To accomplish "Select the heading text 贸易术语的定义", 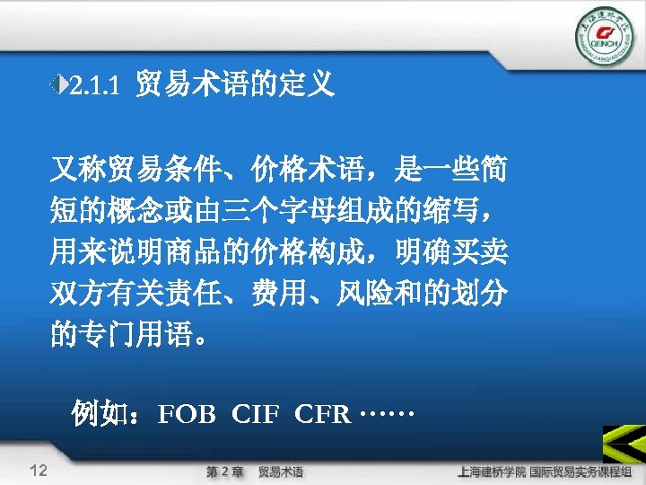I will tap(235, 85).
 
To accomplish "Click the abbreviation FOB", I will tap(187, 415).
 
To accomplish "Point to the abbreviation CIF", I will tap(256, 415).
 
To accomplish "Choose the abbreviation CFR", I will tap(322, 415).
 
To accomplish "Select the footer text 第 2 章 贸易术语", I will tap(255, 472).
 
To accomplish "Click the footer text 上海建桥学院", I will tap(492, 471).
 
